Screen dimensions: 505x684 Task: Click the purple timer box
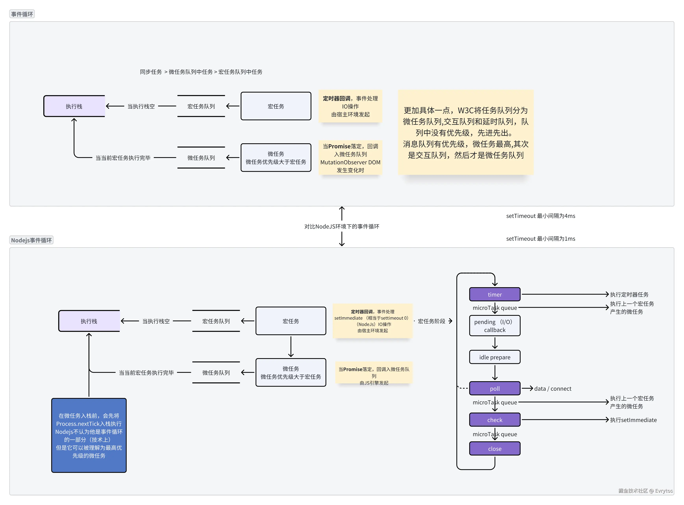(495, 294)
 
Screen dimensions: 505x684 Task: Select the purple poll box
(495, 389)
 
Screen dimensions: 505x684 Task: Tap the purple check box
(495, 420)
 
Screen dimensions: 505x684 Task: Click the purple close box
(495, 449)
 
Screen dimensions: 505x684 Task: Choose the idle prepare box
(495, 357)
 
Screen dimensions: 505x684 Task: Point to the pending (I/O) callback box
(495, 326)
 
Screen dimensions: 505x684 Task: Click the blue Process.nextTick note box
(89, 435)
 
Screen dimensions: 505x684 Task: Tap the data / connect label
(553, 389)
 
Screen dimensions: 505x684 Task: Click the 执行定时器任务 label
(629, 294)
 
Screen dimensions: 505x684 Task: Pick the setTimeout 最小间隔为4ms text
(540, 216)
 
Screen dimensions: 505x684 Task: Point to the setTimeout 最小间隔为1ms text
(540, 239)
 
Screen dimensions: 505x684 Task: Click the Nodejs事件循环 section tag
(32, 240)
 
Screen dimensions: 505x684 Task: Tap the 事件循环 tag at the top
(22, 14)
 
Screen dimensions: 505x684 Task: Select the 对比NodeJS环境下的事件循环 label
(342, 226)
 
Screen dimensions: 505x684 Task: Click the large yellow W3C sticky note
(466, 132)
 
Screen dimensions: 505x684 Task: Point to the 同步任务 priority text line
(201, 72)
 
